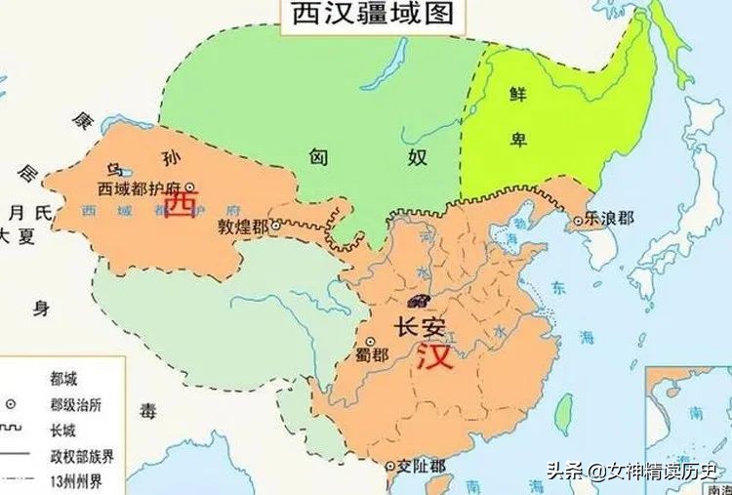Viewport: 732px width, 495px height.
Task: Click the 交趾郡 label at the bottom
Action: [x=420, y=468]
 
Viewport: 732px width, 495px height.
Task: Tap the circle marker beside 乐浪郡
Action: [x=578, y=220]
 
